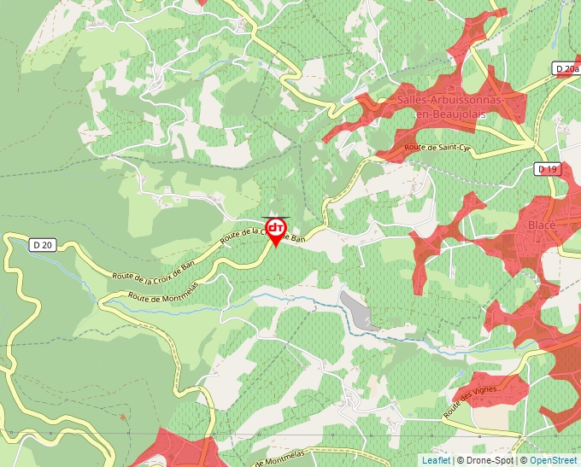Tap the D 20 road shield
(x=44, y=245)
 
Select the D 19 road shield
(x=548, y=170)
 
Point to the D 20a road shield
(x=565, y=69)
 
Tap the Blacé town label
(x=542, y=225)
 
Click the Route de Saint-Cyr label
(x=437, y=148)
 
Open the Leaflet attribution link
(x=436, y=460)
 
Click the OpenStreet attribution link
(x=553, y=460)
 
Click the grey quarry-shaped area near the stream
(x=359, y=309)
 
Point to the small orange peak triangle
(x=123, y=417)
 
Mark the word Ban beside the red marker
(x=296, y=239)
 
